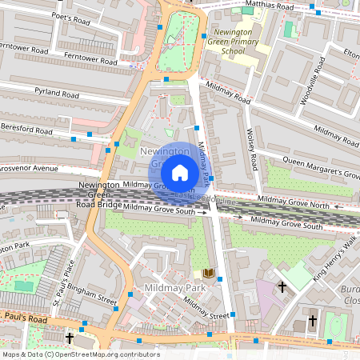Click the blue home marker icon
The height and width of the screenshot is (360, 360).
point(180,173)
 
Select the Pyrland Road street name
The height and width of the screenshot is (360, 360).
point(55,93)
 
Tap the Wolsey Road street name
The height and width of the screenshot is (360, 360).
point(253,153)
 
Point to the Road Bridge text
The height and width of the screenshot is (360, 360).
point(100,204)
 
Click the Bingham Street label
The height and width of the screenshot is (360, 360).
point(92,295)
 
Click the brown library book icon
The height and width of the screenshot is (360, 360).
point(209,274)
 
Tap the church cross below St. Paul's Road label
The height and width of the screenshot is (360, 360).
point(70,338)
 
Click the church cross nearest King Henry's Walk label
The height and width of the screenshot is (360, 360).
point(282,286)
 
